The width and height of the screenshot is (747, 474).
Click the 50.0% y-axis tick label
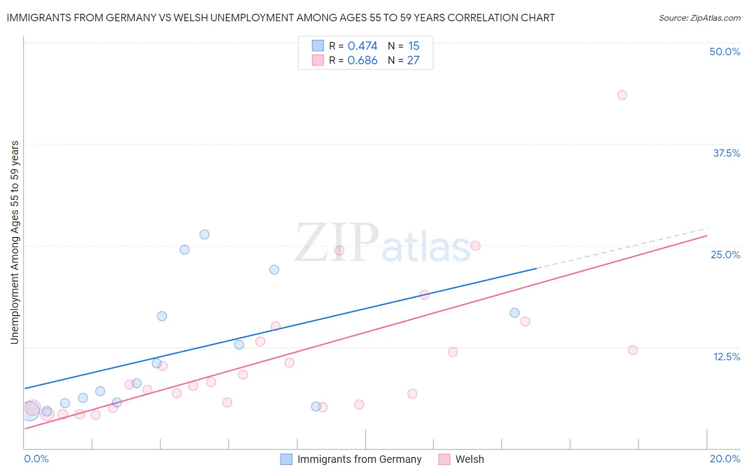[725, 52]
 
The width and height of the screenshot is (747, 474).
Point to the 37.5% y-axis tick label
[726, 153]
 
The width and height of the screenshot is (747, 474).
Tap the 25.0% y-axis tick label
[725, 255]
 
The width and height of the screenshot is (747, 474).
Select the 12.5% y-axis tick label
[726, 357]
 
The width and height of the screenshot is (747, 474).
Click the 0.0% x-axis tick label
[37, 459]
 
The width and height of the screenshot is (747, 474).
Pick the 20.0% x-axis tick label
[725, 459]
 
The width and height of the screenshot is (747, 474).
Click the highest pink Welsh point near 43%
[622, 95]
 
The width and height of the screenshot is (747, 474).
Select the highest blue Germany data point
[205, 234]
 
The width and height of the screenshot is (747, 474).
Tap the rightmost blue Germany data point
[514, 313]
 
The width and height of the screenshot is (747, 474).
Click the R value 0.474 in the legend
[362, 46]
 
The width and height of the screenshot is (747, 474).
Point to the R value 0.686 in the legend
[362, 61]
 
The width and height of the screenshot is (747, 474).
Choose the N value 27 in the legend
[413, 61]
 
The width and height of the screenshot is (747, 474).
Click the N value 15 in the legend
[413, 46]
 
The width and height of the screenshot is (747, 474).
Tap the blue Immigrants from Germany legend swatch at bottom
[286, 459]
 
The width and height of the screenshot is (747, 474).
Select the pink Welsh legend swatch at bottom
[444, 459]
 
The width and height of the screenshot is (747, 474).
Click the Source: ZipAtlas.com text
[699, 18]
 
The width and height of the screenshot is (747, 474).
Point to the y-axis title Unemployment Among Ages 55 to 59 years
[15, 242]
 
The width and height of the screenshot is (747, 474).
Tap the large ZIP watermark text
[337, 243]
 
